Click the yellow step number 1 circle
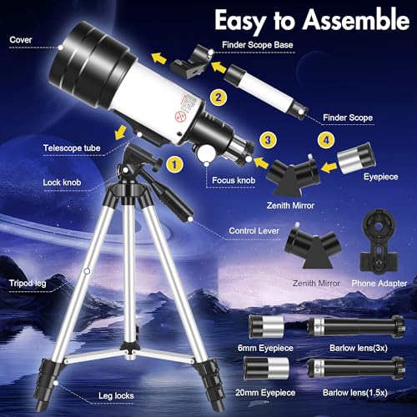pyautogui.click(x=173, y=164)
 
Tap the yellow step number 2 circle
pyautogui.click(x=218, y=98)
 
